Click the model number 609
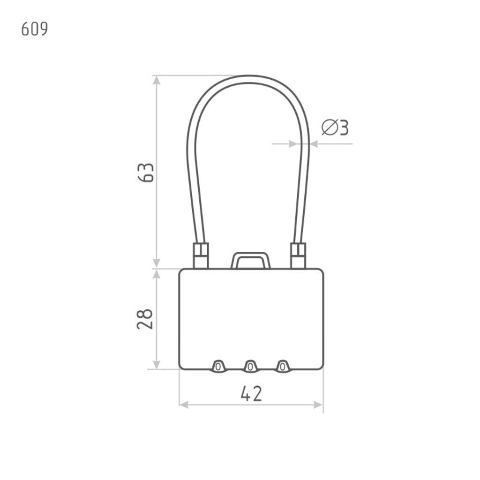[35, 30]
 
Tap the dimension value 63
[146, 172]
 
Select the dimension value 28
[145, 319]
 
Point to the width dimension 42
[251, 393]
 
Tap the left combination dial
[218, 366]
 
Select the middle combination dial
[250, 366]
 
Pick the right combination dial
[283, 366]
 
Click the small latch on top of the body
[251, 261]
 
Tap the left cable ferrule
[201, 255]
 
